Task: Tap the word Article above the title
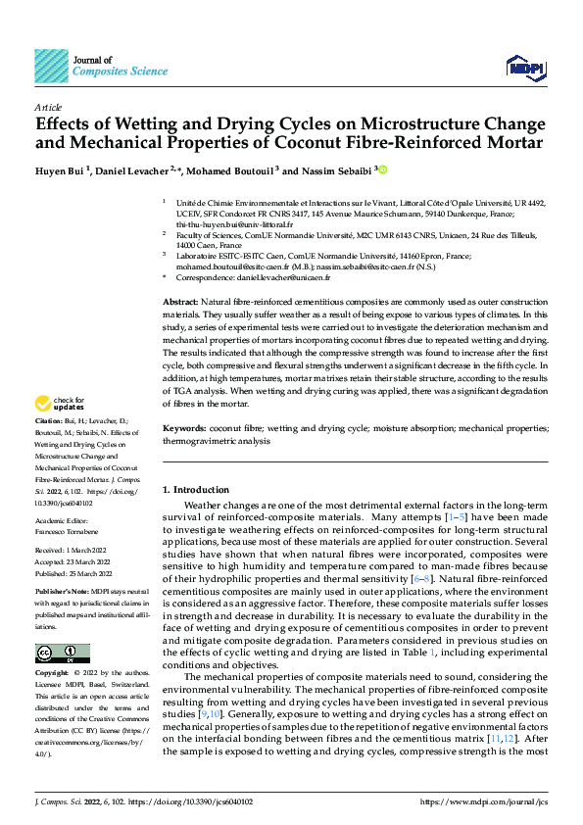click(x=48, y=107)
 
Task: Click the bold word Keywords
click(x=183, y=428)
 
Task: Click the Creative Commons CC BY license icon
click(x=63, y=654)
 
